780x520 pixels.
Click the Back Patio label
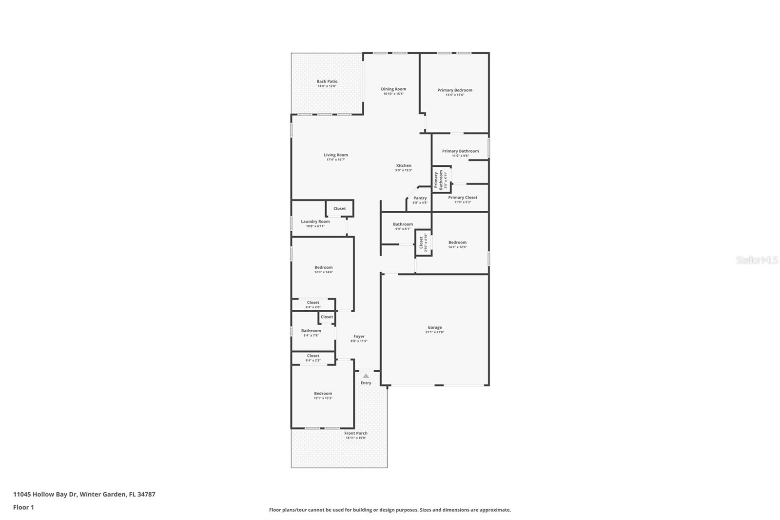point(327,81)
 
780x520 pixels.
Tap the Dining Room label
point(393,89)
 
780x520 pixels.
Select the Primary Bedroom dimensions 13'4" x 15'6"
point(454,95)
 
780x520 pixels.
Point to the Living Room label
point(336,155)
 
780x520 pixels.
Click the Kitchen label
point(404,166)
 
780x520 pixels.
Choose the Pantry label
point(420,198)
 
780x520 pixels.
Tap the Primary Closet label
point(463,198)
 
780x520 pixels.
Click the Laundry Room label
point(315,221)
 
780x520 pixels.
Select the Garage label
point(434,327)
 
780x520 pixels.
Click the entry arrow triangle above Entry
point(366,376)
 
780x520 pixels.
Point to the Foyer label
point(359,337)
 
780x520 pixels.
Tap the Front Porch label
point(356,433)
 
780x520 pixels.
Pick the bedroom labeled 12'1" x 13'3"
point(323,396)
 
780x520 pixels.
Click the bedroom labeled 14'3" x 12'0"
point(457,244)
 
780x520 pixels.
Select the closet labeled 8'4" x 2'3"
point(313,358)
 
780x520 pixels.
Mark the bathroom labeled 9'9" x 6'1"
point(403,226)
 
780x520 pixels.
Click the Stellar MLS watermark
point(757,260)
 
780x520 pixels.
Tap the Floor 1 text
point(23,507)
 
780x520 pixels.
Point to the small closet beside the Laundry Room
point(339,208)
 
